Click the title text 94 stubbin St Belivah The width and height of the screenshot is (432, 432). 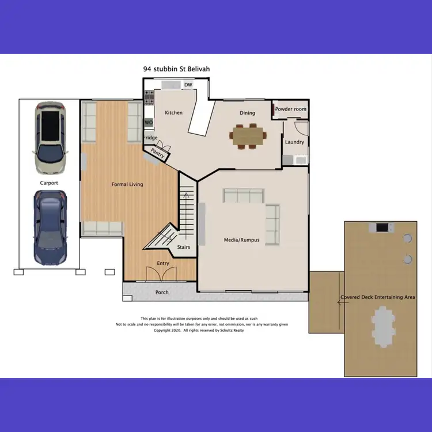pos(176,69)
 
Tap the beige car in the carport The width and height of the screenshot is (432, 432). pos(50,139)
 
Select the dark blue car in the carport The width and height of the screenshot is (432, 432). pos(50,228)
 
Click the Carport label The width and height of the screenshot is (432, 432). pos(49,183)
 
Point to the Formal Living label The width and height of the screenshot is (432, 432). pos(127,184)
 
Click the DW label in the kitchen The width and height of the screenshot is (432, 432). pos(188,85)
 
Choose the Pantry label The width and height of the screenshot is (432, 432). pos(157,153)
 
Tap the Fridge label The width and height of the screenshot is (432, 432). pos(150,138)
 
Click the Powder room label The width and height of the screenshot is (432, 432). pos(290,109)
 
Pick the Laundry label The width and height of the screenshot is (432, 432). pos(294,142)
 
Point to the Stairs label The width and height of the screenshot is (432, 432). pos(184,247)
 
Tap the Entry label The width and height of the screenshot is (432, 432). pos(164,264)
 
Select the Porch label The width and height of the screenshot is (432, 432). pos(162,293)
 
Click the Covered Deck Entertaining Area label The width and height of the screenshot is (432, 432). pos(378,297)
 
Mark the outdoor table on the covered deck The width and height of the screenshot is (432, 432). pos(381,325)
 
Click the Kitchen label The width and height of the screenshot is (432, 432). pos(173,113)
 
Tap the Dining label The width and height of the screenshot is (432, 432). pos(247,113)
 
